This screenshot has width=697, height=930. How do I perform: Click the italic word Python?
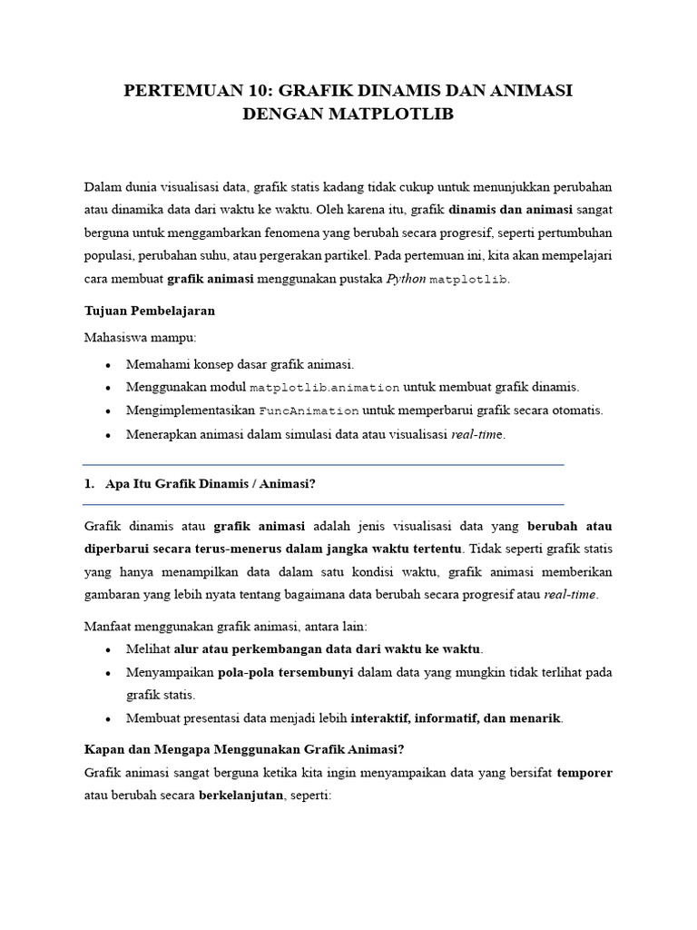406,278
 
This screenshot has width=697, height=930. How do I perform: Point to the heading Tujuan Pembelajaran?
149,311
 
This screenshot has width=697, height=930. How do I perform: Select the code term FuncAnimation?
309,411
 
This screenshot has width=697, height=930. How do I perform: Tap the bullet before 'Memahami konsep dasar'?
108,365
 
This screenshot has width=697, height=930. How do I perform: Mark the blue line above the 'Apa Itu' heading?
323,465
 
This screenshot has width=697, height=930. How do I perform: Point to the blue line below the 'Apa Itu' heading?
323,504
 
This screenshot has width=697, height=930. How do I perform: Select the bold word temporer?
584,773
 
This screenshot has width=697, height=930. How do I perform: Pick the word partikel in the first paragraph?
345,255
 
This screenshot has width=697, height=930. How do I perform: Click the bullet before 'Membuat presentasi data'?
108,719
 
